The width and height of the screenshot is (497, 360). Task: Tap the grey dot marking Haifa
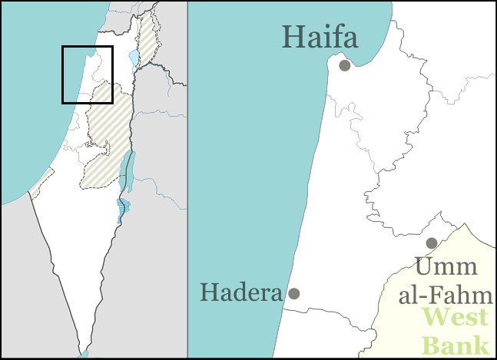pos(345,65)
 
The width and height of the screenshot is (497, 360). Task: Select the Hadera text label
pos(240,292)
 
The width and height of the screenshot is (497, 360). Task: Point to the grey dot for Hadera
pos(293,293)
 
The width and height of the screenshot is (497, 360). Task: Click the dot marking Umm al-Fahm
pos(432,243)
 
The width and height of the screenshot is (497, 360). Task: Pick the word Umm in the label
pos(446,268)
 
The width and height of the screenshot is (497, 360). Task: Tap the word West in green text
pos(456,317)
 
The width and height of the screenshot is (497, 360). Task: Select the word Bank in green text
pos(456,344)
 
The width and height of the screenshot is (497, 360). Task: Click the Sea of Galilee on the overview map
pos(134,58)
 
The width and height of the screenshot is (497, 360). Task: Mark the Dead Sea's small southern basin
pos(121,210)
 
